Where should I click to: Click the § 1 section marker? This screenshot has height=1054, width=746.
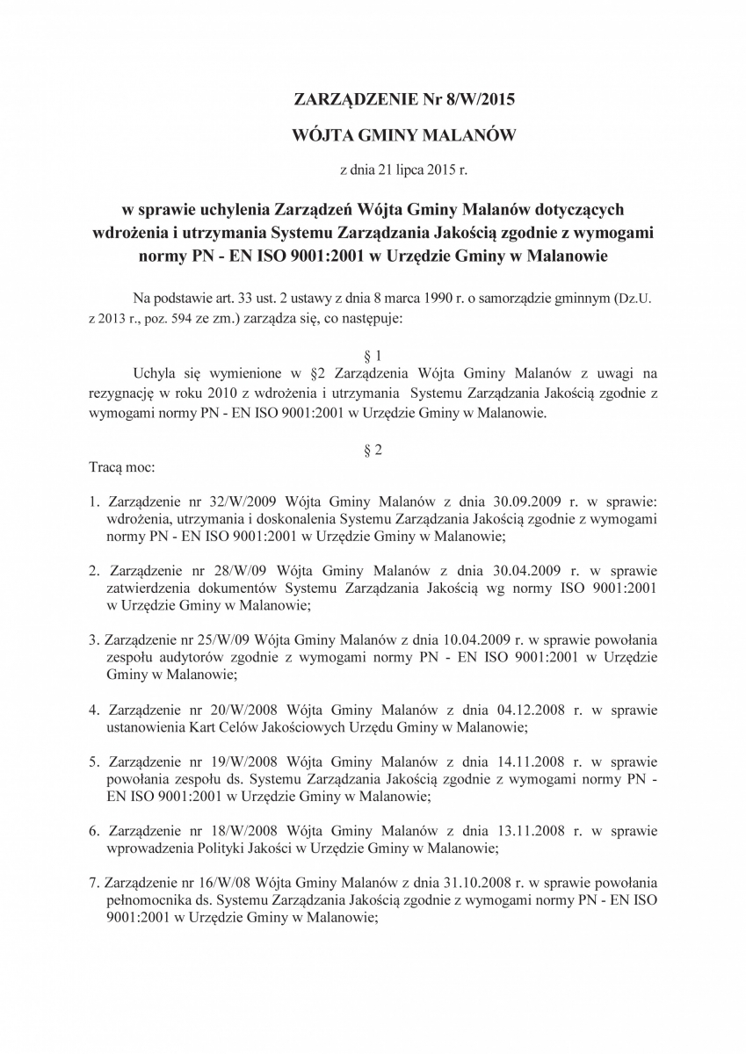click(372, 357)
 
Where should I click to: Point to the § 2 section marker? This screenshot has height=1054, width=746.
click(372, 451)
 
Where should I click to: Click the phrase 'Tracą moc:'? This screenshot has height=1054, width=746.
click(122, 467)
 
